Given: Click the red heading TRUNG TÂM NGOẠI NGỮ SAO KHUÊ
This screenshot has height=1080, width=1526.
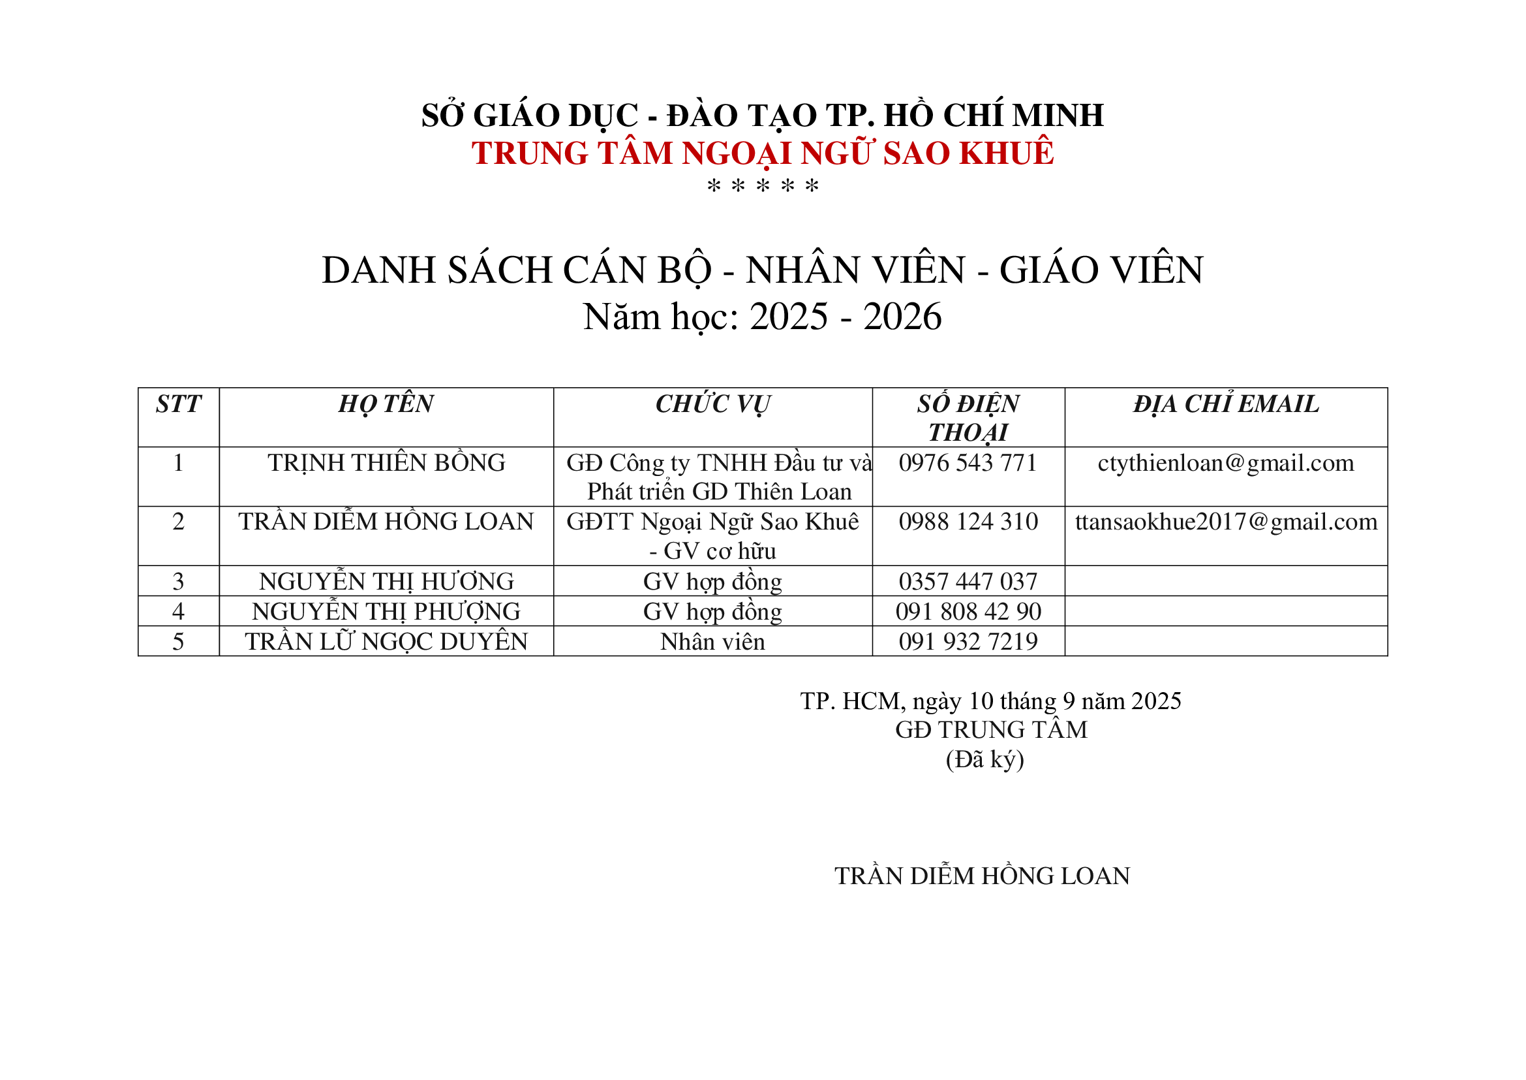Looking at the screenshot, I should coord(762,153).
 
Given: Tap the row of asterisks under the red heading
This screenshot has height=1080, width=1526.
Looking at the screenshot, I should coord(762,186).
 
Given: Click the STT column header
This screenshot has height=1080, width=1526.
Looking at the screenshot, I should coord(178,404).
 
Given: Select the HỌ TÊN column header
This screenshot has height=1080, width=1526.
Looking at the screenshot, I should coord(386,404).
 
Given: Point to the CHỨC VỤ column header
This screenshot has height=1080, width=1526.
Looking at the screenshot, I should coord(712,404).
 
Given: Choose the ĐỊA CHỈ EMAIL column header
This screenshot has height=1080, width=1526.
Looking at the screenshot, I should coord(1226,404).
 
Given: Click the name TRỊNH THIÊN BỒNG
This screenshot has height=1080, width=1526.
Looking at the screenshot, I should coord(386,463).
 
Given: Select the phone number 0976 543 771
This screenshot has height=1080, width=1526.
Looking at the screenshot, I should coord(968,463).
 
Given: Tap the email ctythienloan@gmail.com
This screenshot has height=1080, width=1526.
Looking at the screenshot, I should coord(1226,463).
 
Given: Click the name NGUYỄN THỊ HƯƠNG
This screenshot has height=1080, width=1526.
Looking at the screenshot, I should coord(386,582).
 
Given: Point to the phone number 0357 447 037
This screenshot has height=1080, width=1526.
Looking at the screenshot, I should coord(968,582).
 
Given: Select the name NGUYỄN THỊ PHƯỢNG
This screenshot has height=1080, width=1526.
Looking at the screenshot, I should coord(386,612).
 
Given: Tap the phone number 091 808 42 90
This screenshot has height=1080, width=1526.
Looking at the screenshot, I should coord(968,612).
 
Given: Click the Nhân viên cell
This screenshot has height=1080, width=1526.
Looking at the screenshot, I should coord(712,642).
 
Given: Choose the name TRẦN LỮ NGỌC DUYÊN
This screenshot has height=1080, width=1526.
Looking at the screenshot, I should coord(386,642).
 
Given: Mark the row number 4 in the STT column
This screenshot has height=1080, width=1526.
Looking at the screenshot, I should coord(178,612).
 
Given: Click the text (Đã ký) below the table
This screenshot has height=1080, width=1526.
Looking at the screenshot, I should coord(984,759).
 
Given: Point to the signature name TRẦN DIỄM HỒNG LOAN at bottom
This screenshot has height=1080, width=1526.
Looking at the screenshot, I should coord(983,876).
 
